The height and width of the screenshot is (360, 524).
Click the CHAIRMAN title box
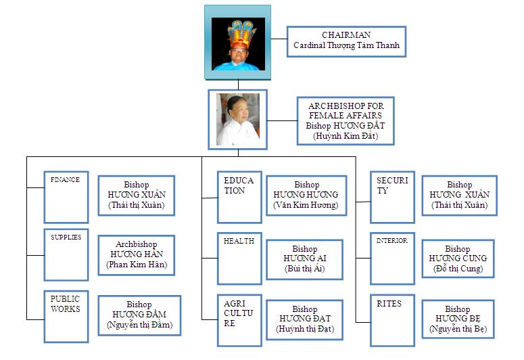click(x=346, y=41)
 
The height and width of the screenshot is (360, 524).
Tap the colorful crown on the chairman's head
click(x=242, y=34)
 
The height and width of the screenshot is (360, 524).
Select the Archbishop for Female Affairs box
click(x=346, y=120)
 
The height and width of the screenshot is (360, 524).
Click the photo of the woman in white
click(x=237, y=120)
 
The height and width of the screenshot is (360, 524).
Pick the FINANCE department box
click(x=66, y=197)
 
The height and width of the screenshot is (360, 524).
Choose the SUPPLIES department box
click(x=66, y=254)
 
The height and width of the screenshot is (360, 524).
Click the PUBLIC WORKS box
click(x=66, y=317)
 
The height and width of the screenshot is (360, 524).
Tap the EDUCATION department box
click(x=239, y=197)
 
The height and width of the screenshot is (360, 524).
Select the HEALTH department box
click(x=239, y=258)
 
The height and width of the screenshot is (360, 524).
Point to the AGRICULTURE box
click(x=239, y=320)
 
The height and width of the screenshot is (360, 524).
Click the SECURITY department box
click(x=392, y=197)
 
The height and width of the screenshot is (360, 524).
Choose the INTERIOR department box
click(x=392, y=258)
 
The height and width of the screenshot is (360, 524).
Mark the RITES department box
click(x=392, y=320)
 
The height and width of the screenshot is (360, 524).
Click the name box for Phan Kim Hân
click(x=137, y=255)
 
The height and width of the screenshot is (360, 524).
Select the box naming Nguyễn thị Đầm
click(x=139, y=315)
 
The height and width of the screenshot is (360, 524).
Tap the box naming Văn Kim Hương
click(x=306, y=196)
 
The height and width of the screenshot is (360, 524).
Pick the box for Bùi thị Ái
click(x=304, y=259)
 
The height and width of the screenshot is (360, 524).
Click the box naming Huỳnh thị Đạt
click(x=304, y=319)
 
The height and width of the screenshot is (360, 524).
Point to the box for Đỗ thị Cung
click(x=458, y=258)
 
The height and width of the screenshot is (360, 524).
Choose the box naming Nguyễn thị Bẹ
click(x=458, y=319)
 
